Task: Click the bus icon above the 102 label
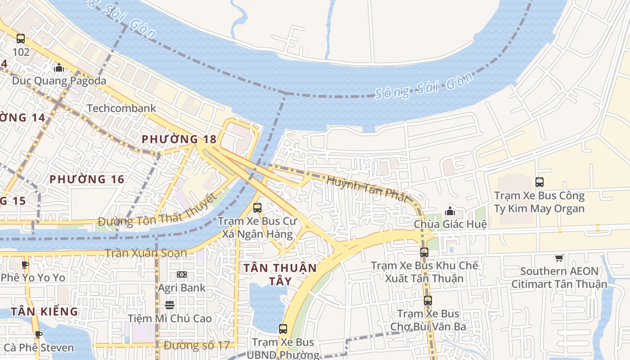tap(21, 39)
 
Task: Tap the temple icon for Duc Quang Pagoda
tap(59, 68)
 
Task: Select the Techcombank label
tap(121, 108)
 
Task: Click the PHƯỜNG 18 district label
tap(179, 139)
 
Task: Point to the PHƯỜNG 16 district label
tap(87, 179)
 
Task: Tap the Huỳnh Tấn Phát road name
tap(367, 189)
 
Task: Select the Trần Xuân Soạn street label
tap(146, 253)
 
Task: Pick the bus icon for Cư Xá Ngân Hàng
tap(257, 208)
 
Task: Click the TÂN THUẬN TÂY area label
tap(280, 274)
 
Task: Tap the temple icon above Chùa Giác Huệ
tap(450, 211)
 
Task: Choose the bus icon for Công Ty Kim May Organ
tap(540, 182)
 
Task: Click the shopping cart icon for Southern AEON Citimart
tap(559, 258)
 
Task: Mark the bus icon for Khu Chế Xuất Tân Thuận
tap(424, 252)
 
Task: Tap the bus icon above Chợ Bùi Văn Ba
tap(428, 301)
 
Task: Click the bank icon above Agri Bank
tap(182, 274)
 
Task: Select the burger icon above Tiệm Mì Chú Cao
tap(170, 305)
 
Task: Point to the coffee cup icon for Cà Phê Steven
tap(39, 334)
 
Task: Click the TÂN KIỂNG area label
tap(45, 311)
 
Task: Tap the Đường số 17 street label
tap(197, 346)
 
